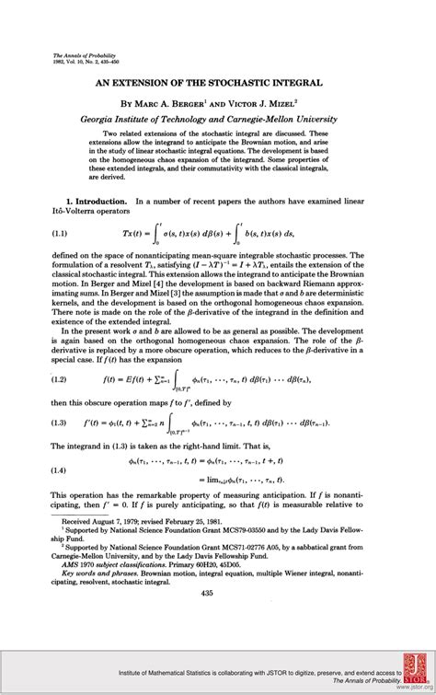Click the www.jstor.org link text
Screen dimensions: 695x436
coord(405,686)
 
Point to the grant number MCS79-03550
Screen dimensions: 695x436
coord(258,531)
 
